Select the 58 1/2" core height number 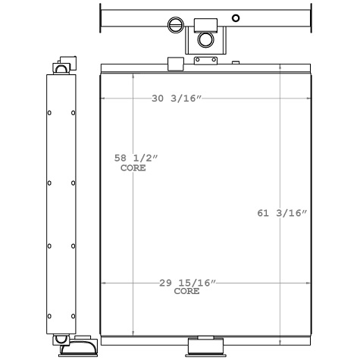[136, 158]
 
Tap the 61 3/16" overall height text [282, 213]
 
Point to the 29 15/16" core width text [187, 283]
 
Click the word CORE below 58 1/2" [133, 167]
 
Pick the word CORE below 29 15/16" [187, 291]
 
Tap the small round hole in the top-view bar [236, 18]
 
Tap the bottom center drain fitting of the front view [205, 345]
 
